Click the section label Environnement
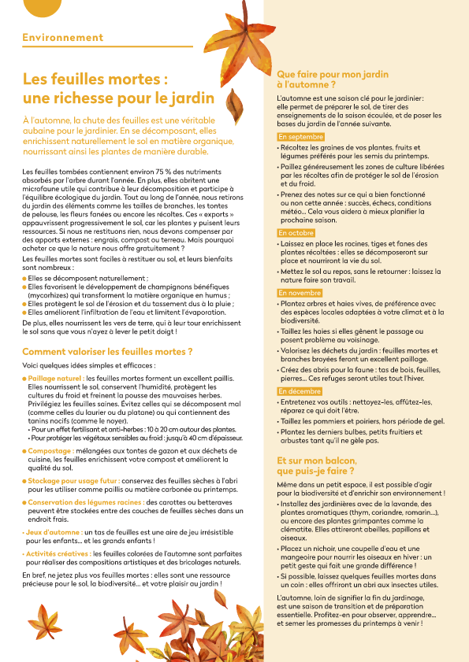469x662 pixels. tap(62, 38)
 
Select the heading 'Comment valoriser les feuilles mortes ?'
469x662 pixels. tap(107, 351)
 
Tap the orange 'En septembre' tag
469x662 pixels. tap(300, 137)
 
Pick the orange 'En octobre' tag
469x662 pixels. tap(296, 234)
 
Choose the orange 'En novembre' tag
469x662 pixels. tap(300, 293)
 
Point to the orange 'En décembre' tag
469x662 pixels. tap(300, 391)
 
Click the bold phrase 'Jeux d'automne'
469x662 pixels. tap(52, 533)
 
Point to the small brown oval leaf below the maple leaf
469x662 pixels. tap(234, 101)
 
